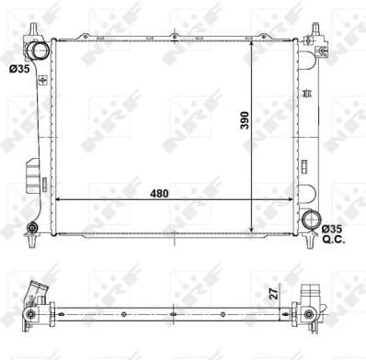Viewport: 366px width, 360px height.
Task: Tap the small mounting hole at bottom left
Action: pos(32,228)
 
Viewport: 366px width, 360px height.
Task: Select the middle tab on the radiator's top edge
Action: pos(173,37)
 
